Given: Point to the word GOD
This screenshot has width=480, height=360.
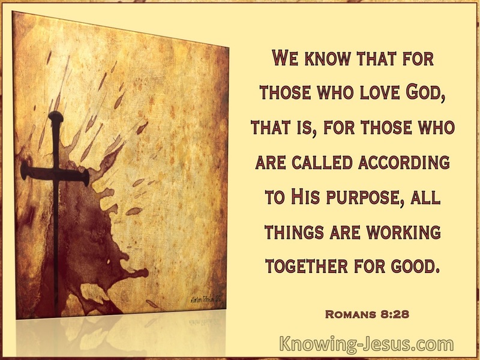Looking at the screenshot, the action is pos(423,92).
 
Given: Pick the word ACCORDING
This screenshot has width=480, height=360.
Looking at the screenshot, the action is pos(404,162).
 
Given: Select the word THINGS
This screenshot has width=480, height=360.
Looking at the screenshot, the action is pos(294,232).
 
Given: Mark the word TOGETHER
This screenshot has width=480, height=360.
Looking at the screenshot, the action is pos(307,266).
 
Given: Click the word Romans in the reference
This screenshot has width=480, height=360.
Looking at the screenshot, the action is pos(350,314).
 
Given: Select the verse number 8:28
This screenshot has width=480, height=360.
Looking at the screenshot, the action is pos(395,314).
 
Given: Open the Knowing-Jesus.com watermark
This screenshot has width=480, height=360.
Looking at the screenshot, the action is pos(367,344).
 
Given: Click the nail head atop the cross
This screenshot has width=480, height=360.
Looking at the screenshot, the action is pos(56,116).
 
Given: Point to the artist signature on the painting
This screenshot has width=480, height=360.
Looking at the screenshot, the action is pos(205,298).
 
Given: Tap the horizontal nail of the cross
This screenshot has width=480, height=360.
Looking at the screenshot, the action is pos(55,173).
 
